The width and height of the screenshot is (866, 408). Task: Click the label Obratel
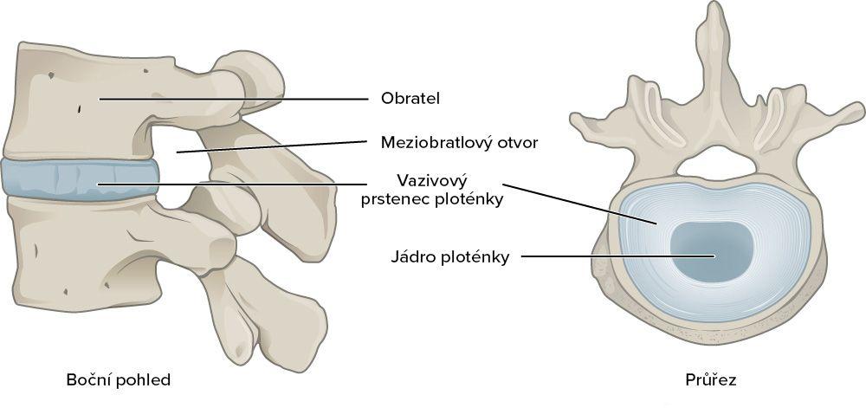(410, 99)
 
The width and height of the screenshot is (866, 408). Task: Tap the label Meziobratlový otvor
(460, 143)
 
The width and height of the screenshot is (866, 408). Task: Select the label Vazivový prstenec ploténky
(432, 190)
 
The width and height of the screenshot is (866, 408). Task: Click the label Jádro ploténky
(449, 257)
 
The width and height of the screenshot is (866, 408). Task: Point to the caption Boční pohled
(118, 379)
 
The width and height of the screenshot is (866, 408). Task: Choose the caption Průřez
(710, 380)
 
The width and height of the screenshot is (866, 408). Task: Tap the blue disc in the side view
(80, 179)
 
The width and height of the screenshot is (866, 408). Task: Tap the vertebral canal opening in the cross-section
(716, 164)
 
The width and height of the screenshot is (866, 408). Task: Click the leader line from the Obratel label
(234, 100)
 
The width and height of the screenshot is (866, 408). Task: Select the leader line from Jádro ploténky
(618, 256)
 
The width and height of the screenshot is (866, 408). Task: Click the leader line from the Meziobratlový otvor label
(272, 146)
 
